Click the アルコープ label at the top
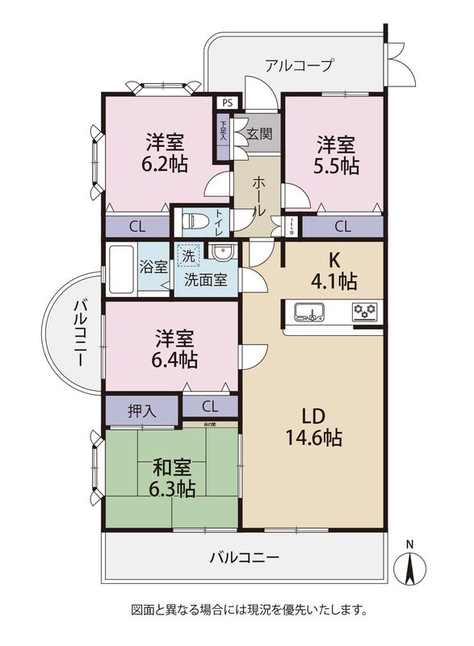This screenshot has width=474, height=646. pos(299,65)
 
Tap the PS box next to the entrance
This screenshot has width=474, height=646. pos(227,103)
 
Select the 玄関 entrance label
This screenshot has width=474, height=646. pos(258,134)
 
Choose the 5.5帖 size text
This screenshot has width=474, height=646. pos(337,166)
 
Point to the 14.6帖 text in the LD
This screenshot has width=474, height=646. pos(313,438)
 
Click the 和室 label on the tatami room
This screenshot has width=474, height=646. pos(173,466)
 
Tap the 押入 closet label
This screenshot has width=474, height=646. pos(142,410)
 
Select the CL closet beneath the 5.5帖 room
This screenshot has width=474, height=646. pos(342,226)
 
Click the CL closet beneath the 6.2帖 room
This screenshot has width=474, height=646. pos(136,227)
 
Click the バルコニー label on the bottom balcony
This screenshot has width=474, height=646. pos(244,557)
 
